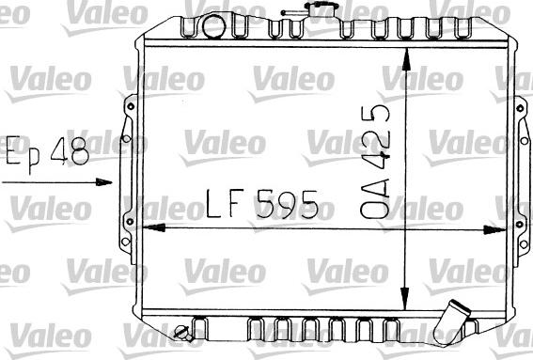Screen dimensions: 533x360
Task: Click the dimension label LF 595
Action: tap(262, 204)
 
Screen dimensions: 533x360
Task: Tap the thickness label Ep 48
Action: tap(47, 152)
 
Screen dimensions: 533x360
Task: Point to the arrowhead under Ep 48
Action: tap(103, 181)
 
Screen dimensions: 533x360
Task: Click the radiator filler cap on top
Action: tap(321, 8)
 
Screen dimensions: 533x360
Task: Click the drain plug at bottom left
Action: tap(183, 332)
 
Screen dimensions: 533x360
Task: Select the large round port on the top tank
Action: tap(213, 26)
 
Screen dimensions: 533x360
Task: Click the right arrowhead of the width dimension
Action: tap(494, 229)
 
